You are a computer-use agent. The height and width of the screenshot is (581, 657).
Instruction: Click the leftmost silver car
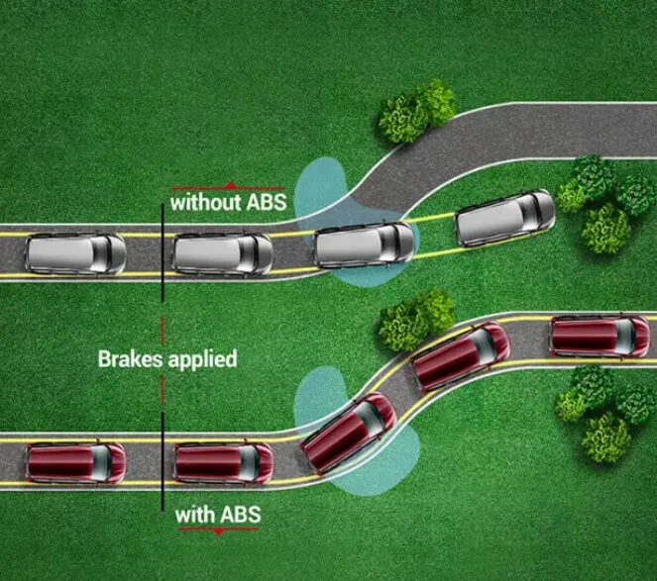(x=75, y=253)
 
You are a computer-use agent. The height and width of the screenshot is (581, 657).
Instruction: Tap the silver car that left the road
(x=504, y=217)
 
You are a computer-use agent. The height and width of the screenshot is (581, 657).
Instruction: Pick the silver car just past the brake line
(x=223, y=252)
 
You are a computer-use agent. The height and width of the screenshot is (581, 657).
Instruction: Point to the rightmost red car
(x=600, y=336)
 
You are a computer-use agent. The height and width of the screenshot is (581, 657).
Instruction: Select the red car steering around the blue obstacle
(x=348, y=431)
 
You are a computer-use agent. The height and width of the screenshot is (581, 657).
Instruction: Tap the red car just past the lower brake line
(x=223, y=461)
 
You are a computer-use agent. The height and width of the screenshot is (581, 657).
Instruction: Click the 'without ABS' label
(x=228, y=203)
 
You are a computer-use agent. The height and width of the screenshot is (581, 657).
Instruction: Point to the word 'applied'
(x=204, y=359)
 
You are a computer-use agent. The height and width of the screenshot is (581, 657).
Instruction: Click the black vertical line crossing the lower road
(x=162, y=461)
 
